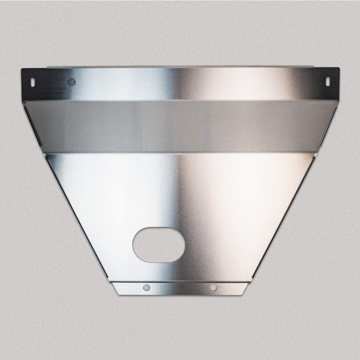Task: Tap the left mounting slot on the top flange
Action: tap(32, 81)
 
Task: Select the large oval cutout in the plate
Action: tap(159, 244)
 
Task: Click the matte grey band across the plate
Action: tap(180, 126)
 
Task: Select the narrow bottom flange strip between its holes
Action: tap(180, 288)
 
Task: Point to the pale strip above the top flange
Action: tap(180, 66)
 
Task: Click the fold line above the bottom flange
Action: tap(180, 282)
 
